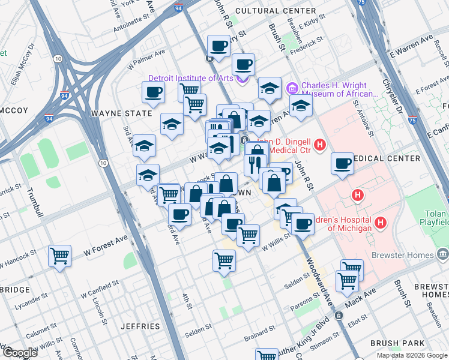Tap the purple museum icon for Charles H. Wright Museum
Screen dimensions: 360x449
[293, 88]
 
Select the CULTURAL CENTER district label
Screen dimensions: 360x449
[276, 11]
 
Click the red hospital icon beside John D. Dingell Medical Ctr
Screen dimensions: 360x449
[320, 145]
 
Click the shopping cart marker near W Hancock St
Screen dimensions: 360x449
[60, 256]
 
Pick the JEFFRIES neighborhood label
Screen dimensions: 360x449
[140, 326]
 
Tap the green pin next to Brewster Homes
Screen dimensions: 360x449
[443, 255]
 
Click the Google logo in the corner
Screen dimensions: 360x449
[20, 353]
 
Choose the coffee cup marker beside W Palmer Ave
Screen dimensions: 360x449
[153, 92]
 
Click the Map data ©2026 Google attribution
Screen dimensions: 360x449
[412, 355]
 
